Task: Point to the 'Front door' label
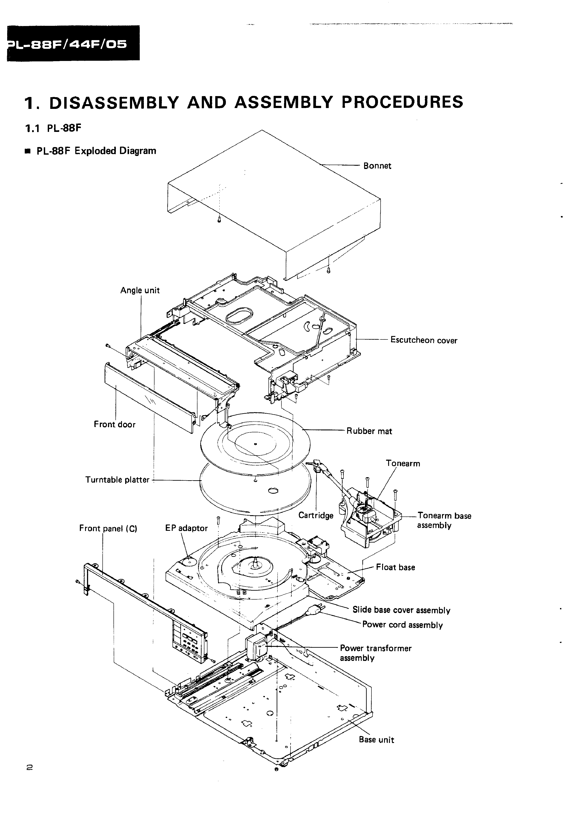click(x=114, y=424)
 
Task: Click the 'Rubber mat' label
click(x=369, y=431)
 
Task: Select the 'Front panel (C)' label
click(x=108, y=528)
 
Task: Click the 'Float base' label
click(x=395, y=567)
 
